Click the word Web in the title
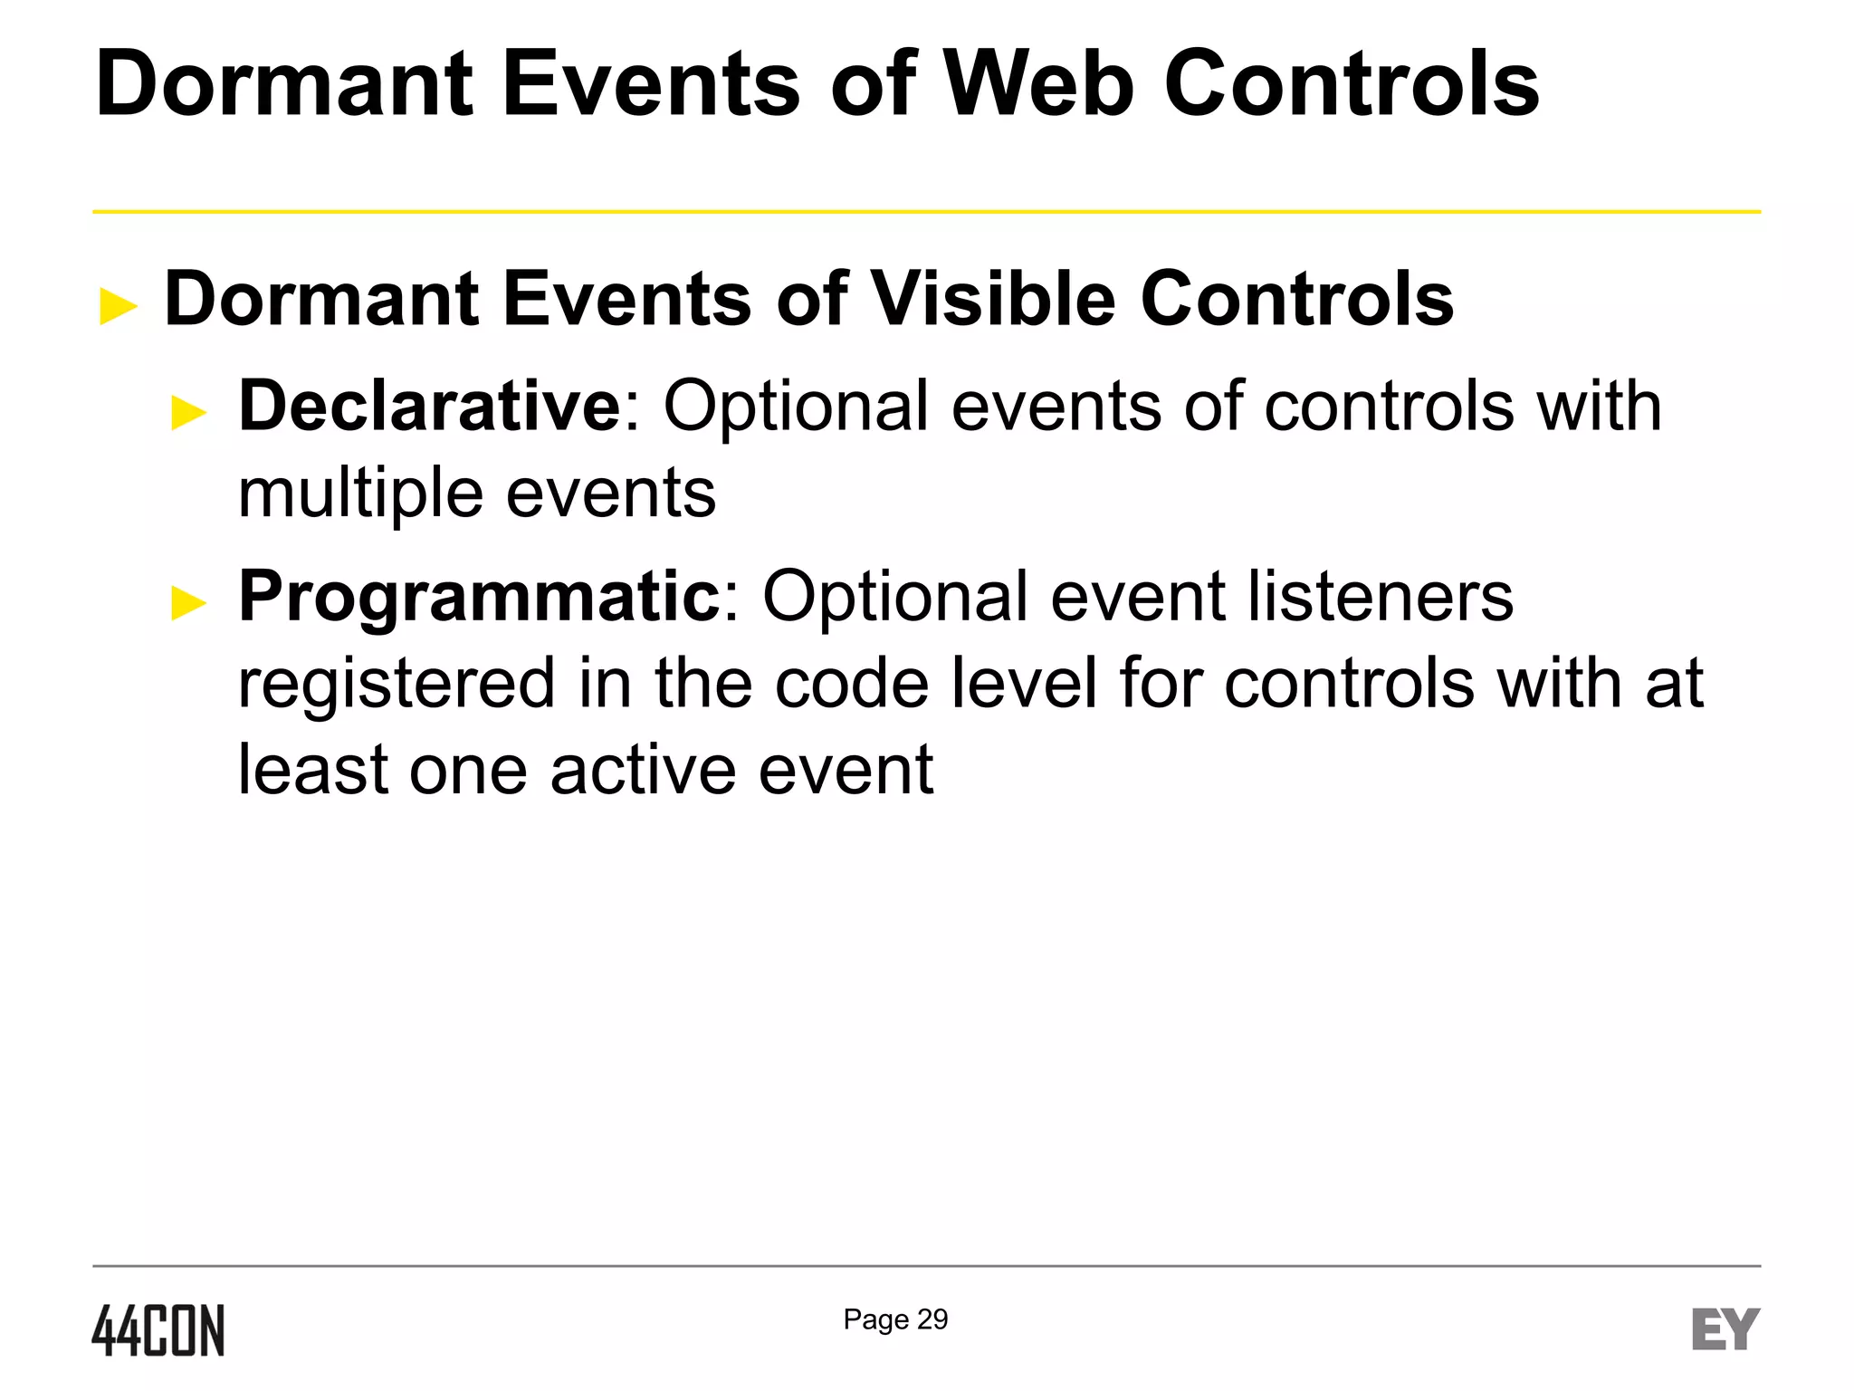coord(1038,84)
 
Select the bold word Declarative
coord(429,406)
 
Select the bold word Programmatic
coord(479,596)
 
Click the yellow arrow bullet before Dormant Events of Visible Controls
coord(119,306)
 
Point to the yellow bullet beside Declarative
coord(189,413)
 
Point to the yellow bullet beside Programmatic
coord(189,603)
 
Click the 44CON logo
coord(158,1330)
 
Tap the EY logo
coord(1725,1329)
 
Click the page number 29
coord(932,1319)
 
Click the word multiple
coord(360,494)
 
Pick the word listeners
coord(1380,596)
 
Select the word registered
coord(396,684)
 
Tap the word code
coord(851,684)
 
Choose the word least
coord(312,770)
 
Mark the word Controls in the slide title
coord(1352,84)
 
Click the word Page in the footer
coord(875,1320)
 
